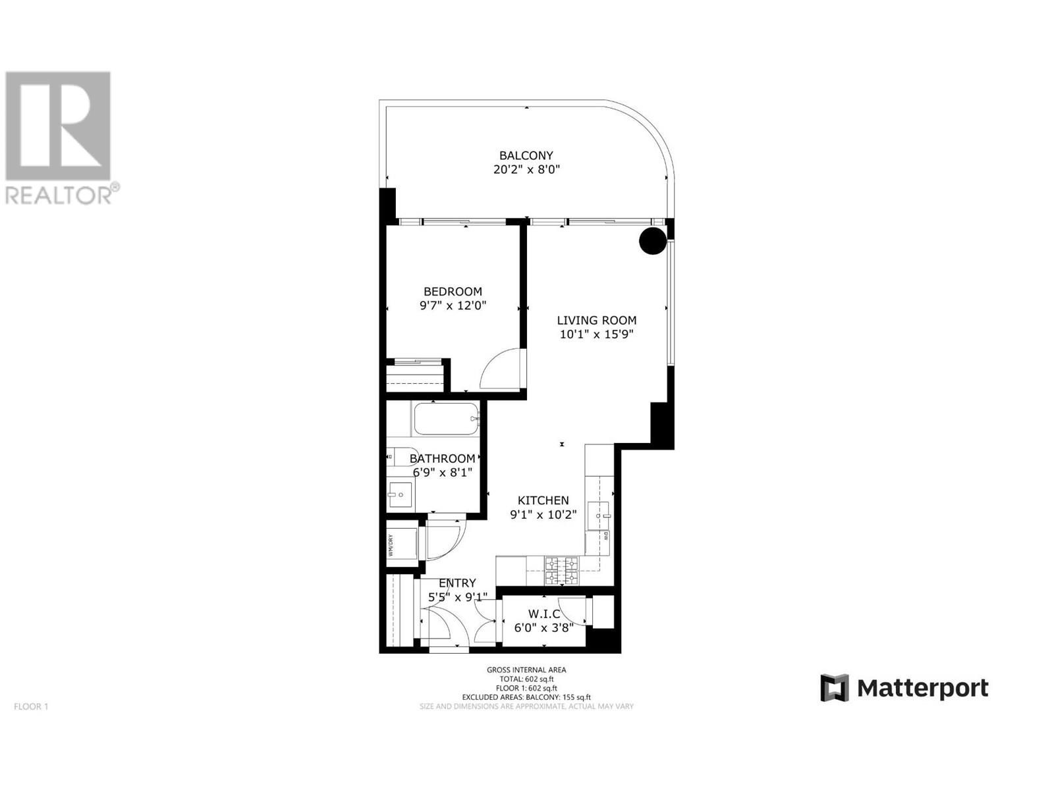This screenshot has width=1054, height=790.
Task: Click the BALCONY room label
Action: click(526, 155)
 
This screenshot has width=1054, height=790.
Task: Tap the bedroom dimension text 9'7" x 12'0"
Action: click(453, 305)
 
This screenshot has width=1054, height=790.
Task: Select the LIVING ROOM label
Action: click(596, 320)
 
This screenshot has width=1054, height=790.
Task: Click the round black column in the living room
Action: click(652, 241)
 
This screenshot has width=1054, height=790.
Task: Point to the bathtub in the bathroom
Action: click(446, 419)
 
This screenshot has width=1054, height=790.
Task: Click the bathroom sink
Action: click(399, 494)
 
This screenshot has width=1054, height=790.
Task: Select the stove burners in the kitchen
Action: click(561, 571)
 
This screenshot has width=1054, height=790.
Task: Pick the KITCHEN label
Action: click(543, 500)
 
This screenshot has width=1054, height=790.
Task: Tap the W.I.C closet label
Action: click(544, 614)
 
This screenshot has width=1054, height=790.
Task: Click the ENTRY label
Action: click(457, 583)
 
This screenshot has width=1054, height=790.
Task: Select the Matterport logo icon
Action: click(835, 688)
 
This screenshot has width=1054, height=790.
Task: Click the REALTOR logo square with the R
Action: click(58, 126)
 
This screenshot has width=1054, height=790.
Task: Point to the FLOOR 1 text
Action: click(31, 706)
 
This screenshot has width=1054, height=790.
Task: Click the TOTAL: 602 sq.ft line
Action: click(526, 679)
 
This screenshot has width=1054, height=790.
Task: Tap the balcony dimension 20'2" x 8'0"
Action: click(526, 169)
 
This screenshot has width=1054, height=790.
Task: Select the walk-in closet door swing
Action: click(572, 612)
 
